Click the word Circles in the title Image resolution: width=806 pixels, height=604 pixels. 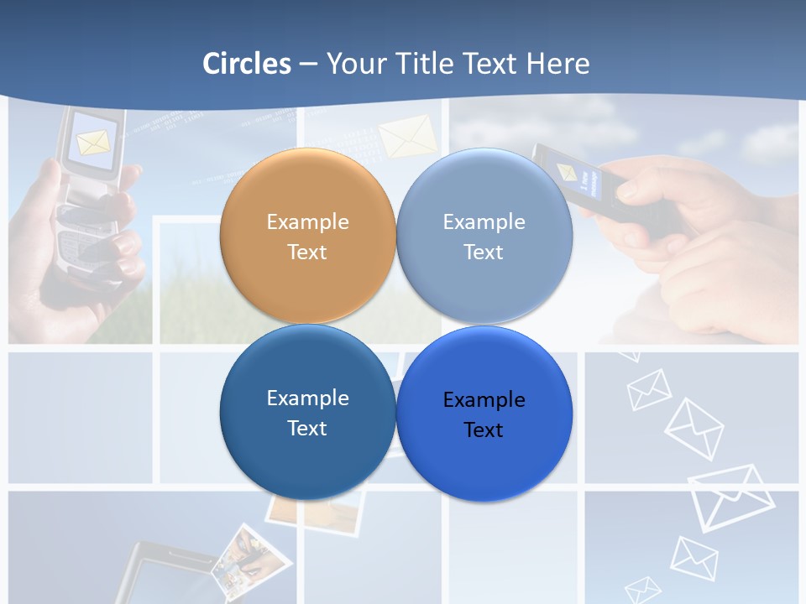(247, 64)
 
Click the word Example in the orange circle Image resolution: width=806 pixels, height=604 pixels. (307, 222)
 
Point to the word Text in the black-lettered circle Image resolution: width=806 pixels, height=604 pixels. (484, 430)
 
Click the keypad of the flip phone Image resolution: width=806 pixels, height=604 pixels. (84, 243)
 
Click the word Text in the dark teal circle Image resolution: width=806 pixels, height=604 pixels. (307, 428)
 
